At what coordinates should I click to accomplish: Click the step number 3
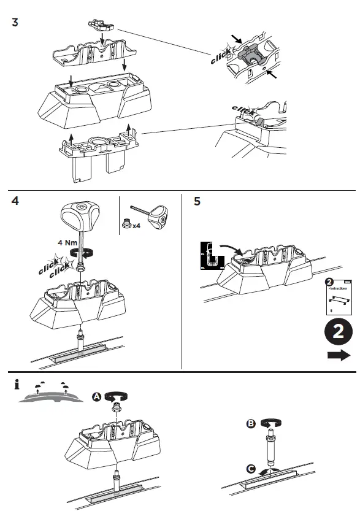(x=15, y=23)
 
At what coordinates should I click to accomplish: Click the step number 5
(x=196, y=201)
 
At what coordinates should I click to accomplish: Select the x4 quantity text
(x=137, y=226)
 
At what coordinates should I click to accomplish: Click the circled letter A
(x=97, y=396)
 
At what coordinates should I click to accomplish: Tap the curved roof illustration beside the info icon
(x=49, y=395)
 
